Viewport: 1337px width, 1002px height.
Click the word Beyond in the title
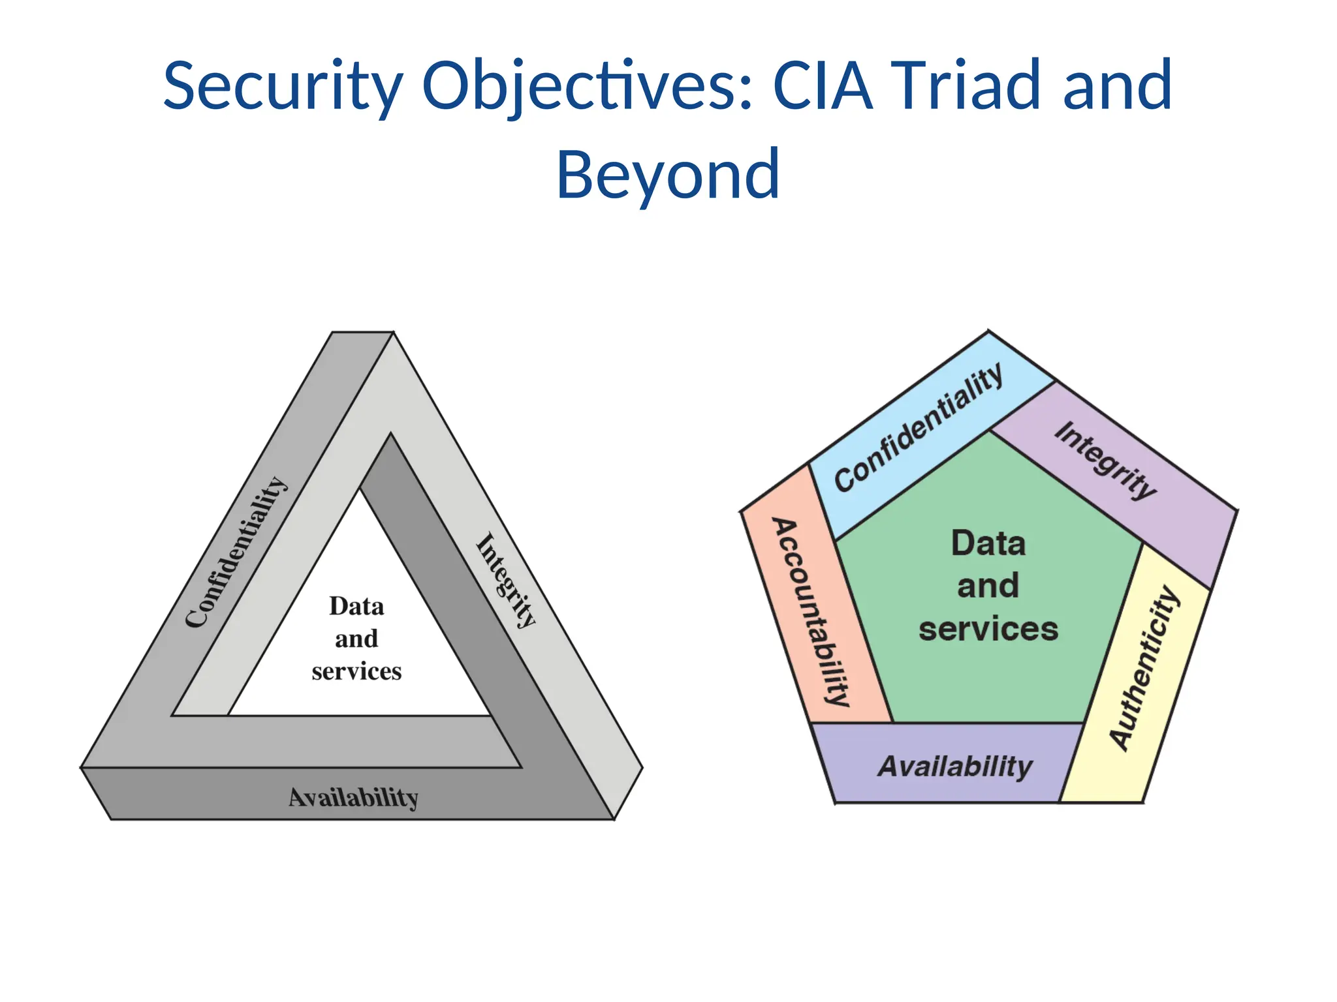point(667,175)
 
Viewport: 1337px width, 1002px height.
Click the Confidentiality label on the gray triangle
point(236,552)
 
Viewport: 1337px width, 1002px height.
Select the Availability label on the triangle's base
point(353,797)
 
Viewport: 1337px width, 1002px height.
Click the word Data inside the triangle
point(356,607)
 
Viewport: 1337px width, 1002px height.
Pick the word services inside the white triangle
point(356,671)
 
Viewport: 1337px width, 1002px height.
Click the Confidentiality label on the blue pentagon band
point(918,428)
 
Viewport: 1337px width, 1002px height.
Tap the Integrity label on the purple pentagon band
point(1105,460)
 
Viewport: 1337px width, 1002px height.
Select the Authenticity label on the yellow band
point(1145,668)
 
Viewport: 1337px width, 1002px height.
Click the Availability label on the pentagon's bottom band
point(954,766)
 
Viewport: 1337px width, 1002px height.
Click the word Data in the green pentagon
point(988,543)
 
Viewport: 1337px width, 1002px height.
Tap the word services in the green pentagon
point(988,629)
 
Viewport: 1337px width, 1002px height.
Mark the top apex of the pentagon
point(988,332)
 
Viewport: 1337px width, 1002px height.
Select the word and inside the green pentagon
point(988,586)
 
